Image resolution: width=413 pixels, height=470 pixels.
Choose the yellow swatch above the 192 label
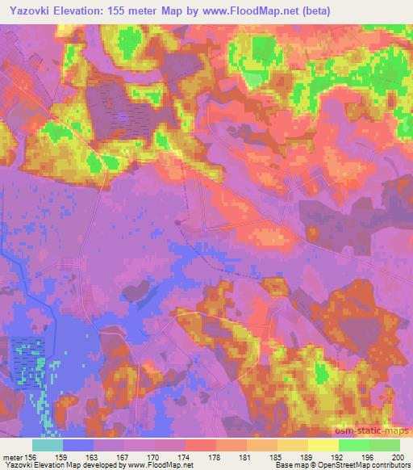tap(323, 445)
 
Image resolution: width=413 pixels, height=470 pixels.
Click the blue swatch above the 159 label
tap(77, 445)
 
